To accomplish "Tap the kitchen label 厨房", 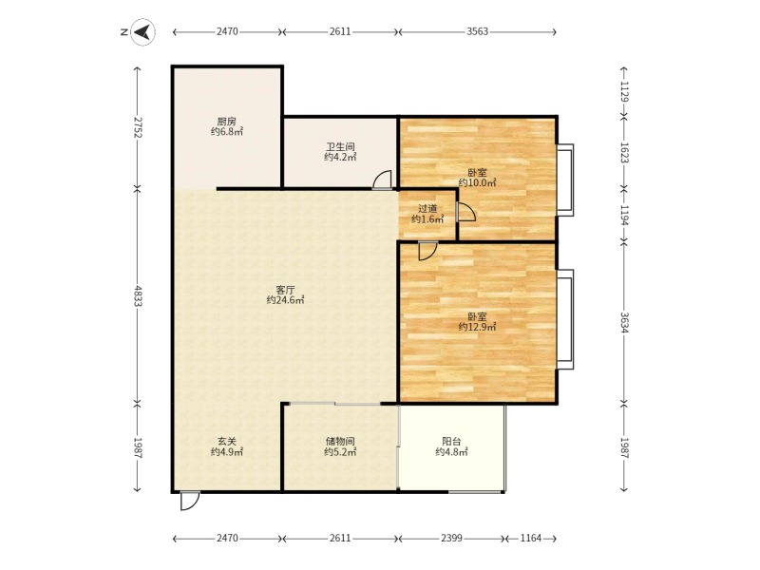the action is click(x=226, y=122).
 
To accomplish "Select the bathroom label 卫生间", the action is click(x=340, y=146).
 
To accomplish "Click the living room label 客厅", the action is click(x=285, y=290).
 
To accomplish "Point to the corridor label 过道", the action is click(x=427, y=209).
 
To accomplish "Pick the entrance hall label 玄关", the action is click(x=226, y=442).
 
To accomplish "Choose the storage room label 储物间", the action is click(x=340, y=442).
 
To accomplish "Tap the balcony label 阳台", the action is click(x=451, y=442).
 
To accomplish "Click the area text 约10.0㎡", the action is click(x=478, y=182).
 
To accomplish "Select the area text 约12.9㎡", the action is click(x=478, y=327).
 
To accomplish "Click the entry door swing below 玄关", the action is click(x=189, y=502).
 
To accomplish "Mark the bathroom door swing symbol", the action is click(x=383, y=180).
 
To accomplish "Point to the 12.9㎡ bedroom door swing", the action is click(x=427, y=251).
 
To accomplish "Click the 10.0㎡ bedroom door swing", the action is click(x=465, y=212).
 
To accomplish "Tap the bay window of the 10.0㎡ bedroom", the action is click(x=565, y=180).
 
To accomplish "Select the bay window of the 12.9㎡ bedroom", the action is click(x=565, y=319).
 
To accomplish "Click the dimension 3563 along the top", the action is click(x=478, y=31).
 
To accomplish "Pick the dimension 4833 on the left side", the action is click(x=138, y=295).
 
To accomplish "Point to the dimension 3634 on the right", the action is click(x=624, y=321).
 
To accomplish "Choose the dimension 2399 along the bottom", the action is click(x=451, y=538).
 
